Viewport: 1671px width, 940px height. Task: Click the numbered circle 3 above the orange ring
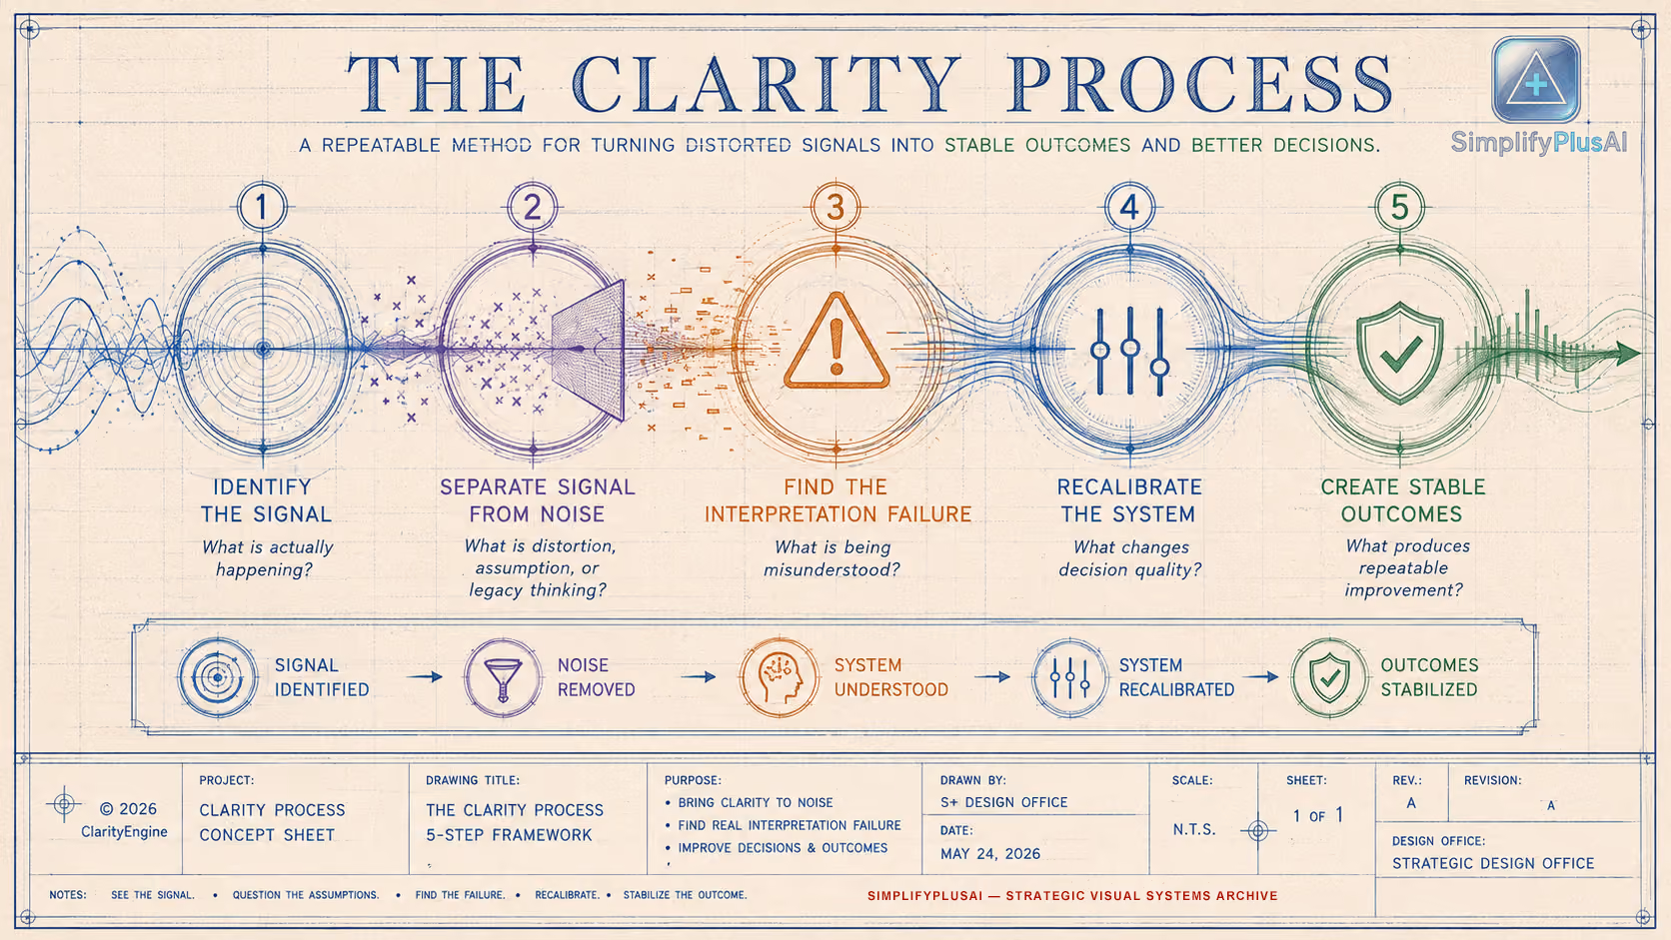pyautogui.click(x=835, y=207)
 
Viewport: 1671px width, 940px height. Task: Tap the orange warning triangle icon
pyautogui.click(x=836, y=342)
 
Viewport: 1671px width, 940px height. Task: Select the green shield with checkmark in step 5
pyautogui.click(x=1399, y=353)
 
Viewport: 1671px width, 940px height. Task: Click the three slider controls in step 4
pyautogui.click(x=1129, y=351)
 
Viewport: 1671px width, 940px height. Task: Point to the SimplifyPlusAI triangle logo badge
pyautogui.click(x=1536, y=79)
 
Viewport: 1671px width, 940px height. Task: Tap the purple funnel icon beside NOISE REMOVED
pyautogui.click(x=503, y=678)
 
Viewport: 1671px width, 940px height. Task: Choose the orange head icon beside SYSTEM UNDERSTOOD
pyautogui.click(x=779, y=677)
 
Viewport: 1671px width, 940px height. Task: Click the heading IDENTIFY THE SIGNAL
pyautogui.click(x=266, y=500)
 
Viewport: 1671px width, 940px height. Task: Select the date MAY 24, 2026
pyautogui.click(x=990, y=853)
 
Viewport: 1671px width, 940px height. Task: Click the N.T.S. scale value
pyautogui.click(x=1193, y=830)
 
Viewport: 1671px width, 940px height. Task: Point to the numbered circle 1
pyautogui.click(x=262, y=207)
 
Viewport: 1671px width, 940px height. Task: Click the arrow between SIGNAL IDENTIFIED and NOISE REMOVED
pyautogui.click(x=425, y=677)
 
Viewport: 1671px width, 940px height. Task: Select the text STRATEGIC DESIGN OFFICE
pyautogui.click(x=1493, y=863)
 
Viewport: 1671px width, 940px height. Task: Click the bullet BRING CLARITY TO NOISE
pyautogui.click(x=755, y=803)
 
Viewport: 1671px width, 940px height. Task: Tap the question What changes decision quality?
pyautogui.click(x=1130, y=558)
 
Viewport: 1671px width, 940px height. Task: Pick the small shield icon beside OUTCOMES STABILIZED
pyautogui.click(x=1329, y=677)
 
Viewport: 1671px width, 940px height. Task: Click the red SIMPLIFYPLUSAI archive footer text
pyautogui.click(x=1072, y=895)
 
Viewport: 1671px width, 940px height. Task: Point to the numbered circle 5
pyautogui.click(x=1399, y=207)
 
